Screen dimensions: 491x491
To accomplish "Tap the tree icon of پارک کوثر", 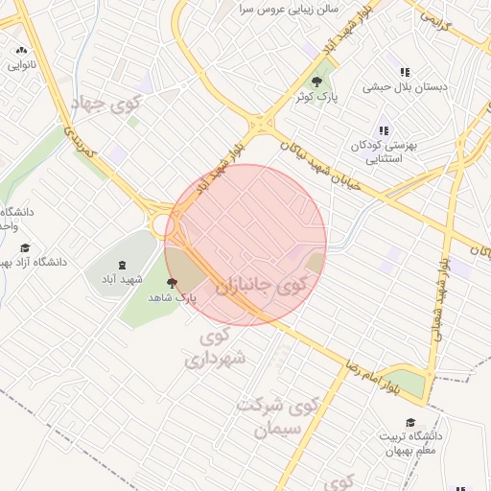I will (x=317, y=82).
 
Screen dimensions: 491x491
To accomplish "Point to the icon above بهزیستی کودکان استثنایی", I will (x=384, y=130).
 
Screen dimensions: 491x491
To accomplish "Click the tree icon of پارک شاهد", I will (x=172, y=283).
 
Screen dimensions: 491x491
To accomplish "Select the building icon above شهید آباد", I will (x=122, y=264).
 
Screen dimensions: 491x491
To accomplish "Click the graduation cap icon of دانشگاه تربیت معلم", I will (x=410, y=423).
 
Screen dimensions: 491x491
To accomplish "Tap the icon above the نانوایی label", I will (x=20, y=51).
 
